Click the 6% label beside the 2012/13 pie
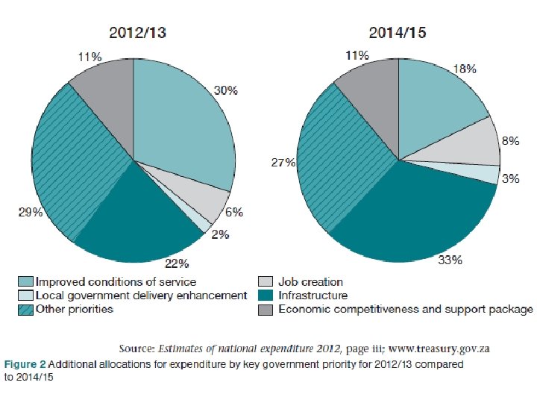click(234, 212)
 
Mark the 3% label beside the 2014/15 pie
click(511, 178)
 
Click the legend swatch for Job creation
click(264, 282)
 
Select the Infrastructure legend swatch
click(264, 296)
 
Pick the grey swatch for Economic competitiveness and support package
click(264, 309)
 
